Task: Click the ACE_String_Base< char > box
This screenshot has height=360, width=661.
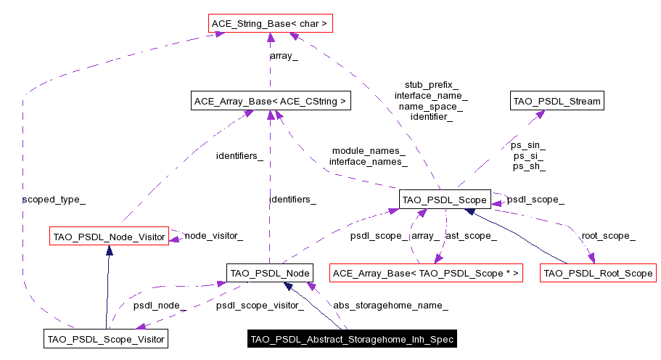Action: (x=269, y=24)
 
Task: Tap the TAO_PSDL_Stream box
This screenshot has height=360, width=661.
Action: (x=557, y=102)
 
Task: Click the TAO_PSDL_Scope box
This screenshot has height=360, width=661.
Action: (x=445, y=199)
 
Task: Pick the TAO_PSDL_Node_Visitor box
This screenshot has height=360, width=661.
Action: (x=108, y=236)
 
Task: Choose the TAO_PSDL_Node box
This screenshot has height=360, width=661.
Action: (x=269, y=273)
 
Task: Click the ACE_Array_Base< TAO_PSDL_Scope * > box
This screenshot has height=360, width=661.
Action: (x=426, y=274)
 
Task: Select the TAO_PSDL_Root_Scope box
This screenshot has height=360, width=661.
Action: (x=598, y=274)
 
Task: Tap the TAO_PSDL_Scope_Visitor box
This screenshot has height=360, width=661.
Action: (x=106, y=339)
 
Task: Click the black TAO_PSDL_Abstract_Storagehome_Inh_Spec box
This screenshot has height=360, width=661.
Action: (x=352, y=339)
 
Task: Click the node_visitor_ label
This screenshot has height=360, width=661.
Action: (x=213, y=235)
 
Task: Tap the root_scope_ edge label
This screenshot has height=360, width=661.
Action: (x=609, y=235)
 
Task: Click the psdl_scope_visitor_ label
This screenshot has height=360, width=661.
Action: (x=260, y=306)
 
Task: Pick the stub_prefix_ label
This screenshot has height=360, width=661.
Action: (x=431, y=85)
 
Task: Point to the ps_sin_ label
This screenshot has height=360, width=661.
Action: (x=529, y=145)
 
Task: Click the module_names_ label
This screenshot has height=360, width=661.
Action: (x=369, y=150)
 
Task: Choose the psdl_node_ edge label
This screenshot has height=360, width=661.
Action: (x=160, y=306)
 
